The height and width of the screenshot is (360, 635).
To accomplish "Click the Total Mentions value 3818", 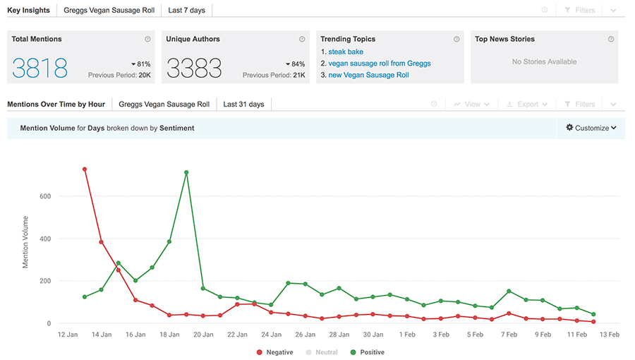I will tap(40, 67).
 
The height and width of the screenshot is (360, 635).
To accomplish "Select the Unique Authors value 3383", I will tap(194, 67).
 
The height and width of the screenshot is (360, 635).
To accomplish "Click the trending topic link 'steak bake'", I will tap(346, 52).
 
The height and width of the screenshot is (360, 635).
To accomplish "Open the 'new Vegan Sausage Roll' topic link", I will tap(368, 75).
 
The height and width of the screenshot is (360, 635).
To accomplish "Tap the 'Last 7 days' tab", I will tap(187, 11).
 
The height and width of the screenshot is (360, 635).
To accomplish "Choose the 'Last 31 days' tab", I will tap(243, 104).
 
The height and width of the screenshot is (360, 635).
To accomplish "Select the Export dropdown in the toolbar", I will tap(527, 104).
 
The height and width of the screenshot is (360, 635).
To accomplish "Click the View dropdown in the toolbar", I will tap(471, 104).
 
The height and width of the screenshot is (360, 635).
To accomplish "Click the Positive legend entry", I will tap(366, 352).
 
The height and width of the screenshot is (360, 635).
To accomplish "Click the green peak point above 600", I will tap(186, 172).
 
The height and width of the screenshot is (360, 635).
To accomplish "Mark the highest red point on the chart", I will tap(85, 169).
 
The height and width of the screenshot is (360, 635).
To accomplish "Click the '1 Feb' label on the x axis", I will tap(407, 335).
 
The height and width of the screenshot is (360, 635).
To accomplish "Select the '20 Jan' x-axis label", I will tap(203, 335).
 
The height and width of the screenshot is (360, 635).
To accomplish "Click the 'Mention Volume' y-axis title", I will tap(26, 242).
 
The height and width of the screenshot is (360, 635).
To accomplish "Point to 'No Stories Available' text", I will tap(544, 62).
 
